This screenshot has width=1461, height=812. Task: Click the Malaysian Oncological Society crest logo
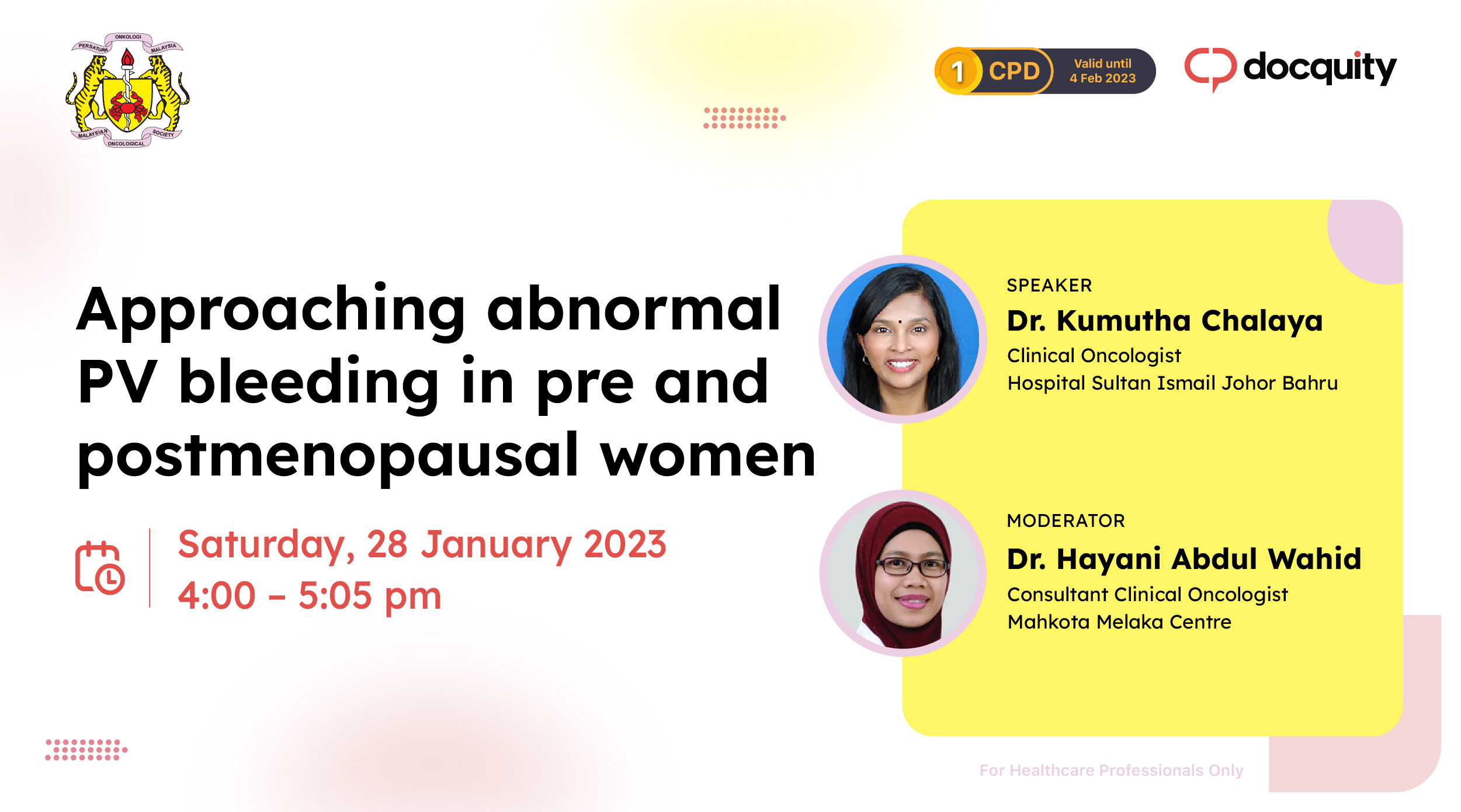click(127, 91)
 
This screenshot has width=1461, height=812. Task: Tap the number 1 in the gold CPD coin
click(957, 72)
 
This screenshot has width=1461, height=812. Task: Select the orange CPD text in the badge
click(1014, 71)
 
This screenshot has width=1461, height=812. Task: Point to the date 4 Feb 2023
click(1102, 78)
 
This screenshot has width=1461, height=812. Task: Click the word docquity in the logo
click(1320, 68)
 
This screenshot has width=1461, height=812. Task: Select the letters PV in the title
click(117, 383)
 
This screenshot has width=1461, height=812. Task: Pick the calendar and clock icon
click(100, 567)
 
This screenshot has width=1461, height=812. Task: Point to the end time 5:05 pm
click(370, 595)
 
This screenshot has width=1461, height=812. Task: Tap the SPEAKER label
click(1049, 285)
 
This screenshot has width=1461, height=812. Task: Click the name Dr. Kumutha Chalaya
click(1164, 320)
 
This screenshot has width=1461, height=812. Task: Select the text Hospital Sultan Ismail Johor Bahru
click(1172, 383)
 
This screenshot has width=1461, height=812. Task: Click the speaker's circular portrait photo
click(903, 339)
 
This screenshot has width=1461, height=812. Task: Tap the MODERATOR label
click(1066, 520)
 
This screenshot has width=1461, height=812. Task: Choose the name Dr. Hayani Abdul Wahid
click(1184, 558)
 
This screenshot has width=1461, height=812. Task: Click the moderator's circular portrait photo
click(903, 574)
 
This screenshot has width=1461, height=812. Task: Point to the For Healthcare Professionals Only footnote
click(1111, 771)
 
